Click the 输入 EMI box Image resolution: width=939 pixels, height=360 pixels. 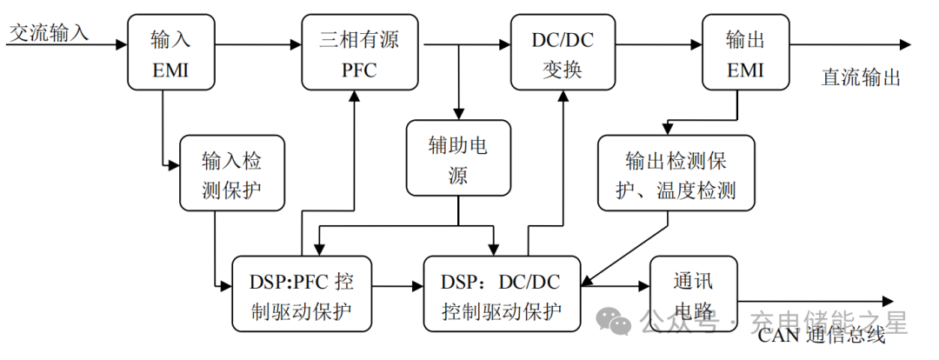coord(170,51)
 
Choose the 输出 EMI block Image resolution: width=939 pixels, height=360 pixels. coord(745,51)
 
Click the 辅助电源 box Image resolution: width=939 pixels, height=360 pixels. coord(458,158)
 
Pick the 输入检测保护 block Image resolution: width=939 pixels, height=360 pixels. coord(231,173)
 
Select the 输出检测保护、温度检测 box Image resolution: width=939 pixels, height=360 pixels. coord(675,173)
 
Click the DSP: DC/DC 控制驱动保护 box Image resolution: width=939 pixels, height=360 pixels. coord(501,294)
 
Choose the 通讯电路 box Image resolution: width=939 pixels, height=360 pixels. coord(692,294)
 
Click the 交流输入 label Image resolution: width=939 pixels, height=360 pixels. coord(49,33)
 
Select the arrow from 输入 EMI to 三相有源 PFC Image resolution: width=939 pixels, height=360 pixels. coord(257,43)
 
